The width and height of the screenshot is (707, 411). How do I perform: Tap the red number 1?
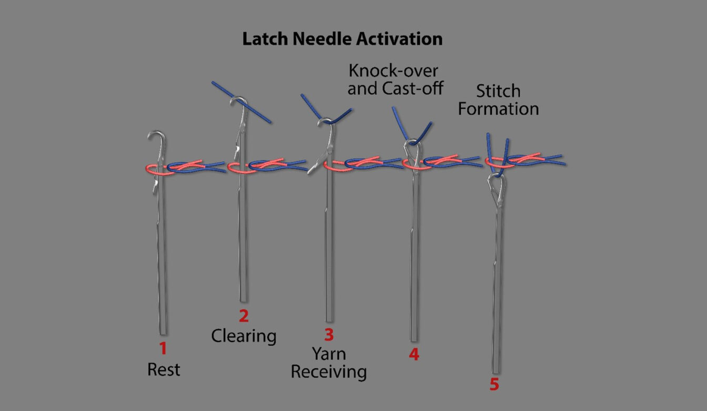point(163,348)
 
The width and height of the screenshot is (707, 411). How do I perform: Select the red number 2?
point(244,316)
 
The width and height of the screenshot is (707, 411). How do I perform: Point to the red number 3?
point(329,335)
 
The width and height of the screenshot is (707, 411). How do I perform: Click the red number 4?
point(414,355)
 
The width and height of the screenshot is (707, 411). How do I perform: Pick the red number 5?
point(494,385)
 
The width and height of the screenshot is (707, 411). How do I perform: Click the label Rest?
point(164,369)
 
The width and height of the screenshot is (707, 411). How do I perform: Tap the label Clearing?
point(244,336)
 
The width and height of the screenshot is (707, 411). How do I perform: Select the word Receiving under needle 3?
point(329,372)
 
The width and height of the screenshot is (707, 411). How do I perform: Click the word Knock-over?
point(393,71)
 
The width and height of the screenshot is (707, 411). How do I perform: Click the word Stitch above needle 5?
point(498,91)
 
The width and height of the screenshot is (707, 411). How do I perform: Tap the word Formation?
point(498,109)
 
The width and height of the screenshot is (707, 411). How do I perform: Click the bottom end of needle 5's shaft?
point(496,371)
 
